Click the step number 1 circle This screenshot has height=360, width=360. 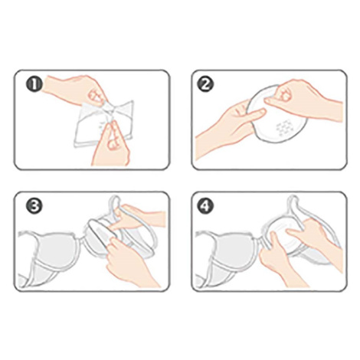[34, 84]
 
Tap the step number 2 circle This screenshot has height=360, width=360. [206, 84]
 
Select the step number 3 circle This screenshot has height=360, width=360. [34, 206]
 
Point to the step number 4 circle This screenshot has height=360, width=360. [206, 206]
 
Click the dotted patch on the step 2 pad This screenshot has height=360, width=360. [285, 129]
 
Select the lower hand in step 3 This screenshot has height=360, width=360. [130, 263]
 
